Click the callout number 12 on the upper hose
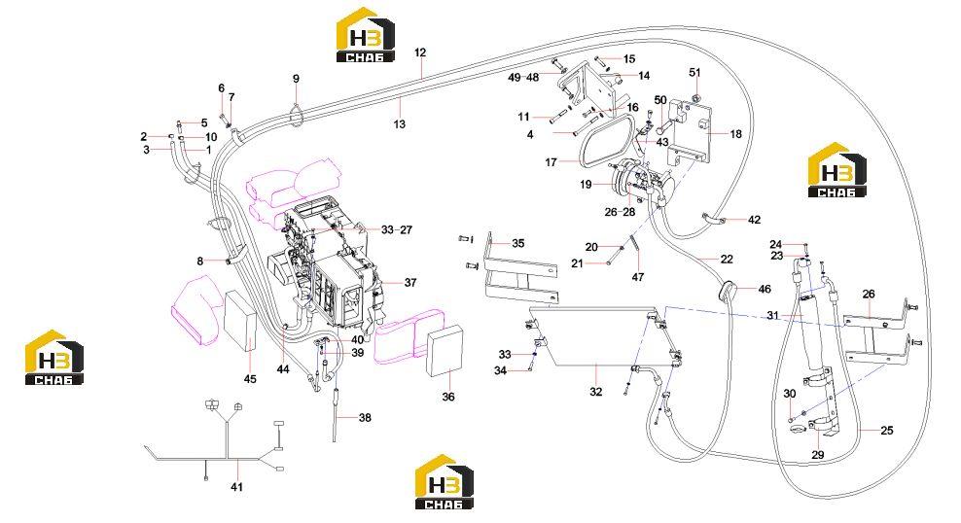pos(420,52)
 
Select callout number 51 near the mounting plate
pos(694,72)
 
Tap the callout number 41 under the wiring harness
pos(236,487)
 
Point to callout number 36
pos(448,397)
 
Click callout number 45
pos(250,379)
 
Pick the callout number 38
pos(365,418)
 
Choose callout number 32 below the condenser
pos(595,392)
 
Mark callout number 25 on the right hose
pos(887,431)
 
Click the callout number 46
pos(765,289)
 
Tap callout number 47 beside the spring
pos(638,277)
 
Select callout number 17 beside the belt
pos(551,162)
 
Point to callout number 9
pos(296,79)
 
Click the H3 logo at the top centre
pos(366,35)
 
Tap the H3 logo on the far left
pos(53,358)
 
